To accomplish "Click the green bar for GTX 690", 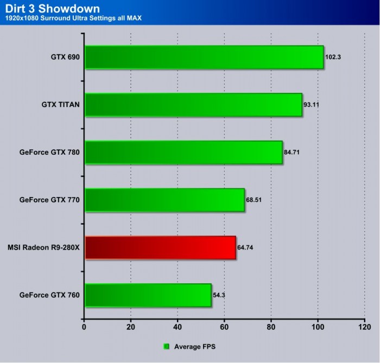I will (x=204, y=57).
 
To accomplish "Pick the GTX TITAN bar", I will (x=193, y=105).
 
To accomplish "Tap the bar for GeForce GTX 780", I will (x=183, y=152).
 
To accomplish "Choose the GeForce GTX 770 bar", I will (x=164, y=200).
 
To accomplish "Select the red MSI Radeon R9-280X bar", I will (x=160, y=247).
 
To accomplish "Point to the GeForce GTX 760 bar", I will (x=148, y=295).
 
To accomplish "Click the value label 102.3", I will (x=333, y=57).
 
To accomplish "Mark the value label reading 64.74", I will (x=246, y=247).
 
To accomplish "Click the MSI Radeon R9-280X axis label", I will (x=44, y=247).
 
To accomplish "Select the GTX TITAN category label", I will (x=61, y=105).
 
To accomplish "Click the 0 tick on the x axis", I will (x=84, y=327).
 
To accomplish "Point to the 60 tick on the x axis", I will (x=224, y=327).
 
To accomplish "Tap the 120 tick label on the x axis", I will (x=364, y=327).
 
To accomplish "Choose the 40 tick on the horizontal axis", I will (x=178, y=327).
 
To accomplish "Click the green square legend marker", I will (x=166, y=346).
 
